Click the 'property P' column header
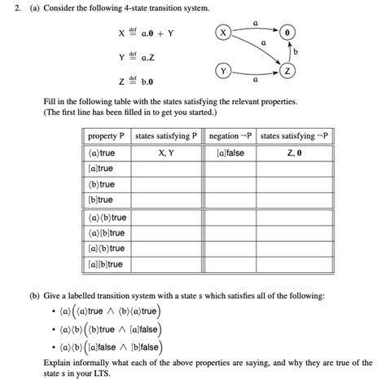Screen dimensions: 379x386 pos(107,135)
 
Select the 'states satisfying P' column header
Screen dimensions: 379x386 pos(165,135)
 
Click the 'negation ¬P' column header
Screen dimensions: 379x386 pos(230,135)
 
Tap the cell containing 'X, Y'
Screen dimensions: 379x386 pos(165,152)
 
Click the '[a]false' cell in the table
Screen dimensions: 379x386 pos(230,152)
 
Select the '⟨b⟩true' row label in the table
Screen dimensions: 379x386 pos(101,184)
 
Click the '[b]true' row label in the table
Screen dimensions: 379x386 pos(100,200)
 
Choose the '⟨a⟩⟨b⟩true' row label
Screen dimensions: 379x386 pos(107,218)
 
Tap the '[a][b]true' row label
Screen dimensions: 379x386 pos(105,264)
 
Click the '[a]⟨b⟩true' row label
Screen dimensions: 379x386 pos(106,249)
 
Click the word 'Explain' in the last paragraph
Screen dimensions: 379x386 pos(59,364)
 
